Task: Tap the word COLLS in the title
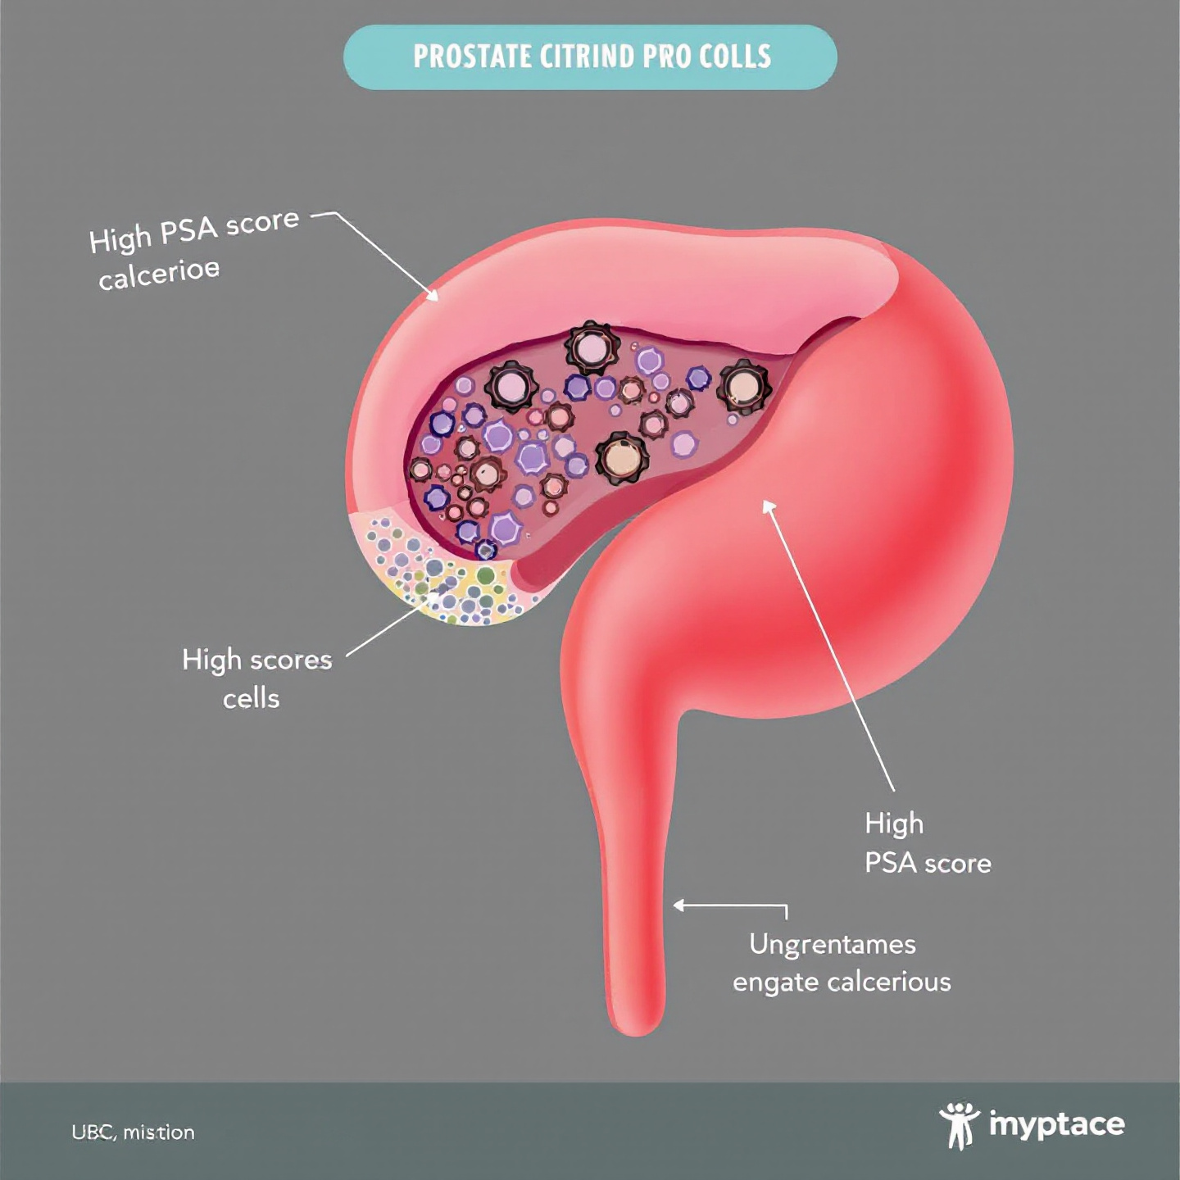735,57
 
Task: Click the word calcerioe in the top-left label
159,275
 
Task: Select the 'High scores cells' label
256,678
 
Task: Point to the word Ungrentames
832,944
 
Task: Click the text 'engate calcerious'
842,982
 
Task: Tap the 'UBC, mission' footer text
133,1132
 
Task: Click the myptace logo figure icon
959,1125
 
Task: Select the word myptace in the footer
1056,1124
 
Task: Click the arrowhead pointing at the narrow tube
678,905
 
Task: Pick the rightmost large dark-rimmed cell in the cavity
744,386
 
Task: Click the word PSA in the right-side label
890,863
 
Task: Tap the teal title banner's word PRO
665,57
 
